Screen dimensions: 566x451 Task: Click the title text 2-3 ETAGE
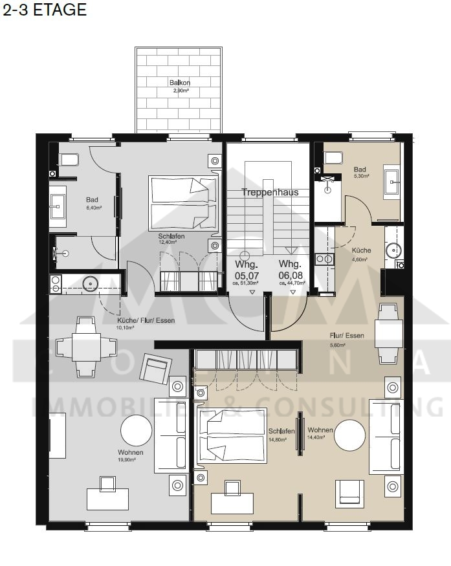click(44, 10)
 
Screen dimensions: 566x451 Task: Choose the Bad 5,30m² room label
click(360, 172)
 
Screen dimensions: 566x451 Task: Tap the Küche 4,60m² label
click(360, 254)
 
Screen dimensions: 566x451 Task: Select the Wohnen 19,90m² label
click(130, 455)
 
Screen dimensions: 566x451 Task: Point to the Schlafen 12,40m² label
click(171, 239)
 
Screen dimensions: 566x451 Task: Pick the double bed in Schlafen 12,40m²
click(182, 202)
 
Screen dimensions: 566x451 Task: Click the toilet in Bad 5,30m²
click(333, 157)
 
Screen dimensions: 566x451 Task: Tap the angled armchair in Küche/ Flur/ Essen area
click(155, 371)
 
